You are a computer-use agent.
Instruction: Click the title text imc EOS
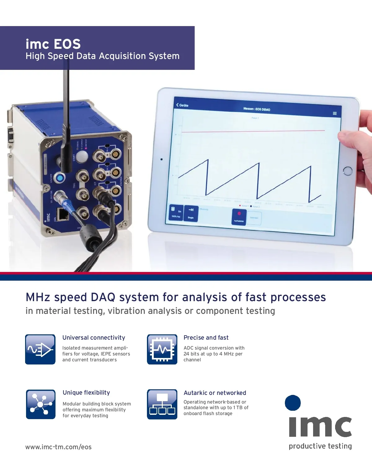[53, 44]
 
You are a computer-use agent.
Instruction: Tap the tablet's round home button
[348, 171]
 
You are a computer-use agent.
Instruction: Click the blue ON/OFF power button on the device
[59, 178]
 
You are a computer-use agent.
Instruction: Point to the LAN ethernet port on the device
[63, 214]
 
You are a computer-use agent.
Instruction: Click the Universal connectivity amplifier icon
[40, 349]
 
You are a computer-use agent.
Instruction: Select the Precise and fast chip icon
[162, 349]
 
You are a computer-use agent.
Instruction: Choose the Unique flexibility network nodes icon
[41, 404]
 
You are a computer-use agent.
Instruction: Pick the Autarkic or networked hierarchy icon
[162, 404]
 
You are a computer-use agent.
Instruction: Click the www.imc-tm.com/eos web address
[58, 447]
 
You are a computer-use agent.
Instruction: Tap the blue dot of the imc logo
[293, 403]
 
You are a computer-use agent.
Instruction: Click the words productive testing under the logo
[320, 446]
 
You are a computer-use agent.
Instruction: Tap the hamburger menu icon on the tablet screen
[334, 113]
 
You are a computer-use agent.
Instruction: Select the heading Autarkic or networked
[215, 393]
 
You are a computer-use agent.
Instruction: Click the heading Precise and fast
[206, 337]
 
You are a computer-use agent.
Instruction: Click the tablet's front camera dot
[162, 159]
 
